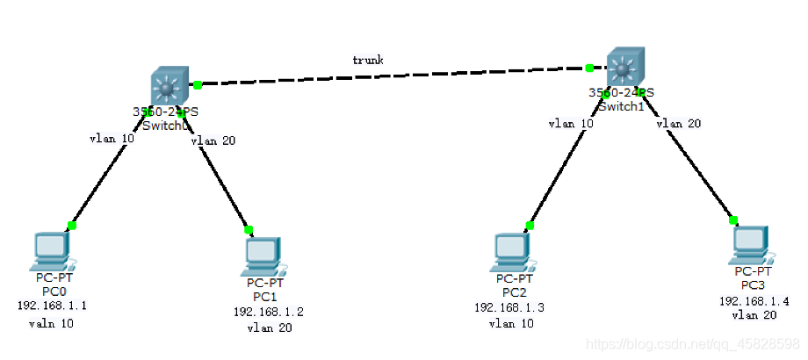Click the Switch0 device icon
point(165,89)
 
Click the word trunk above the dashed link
point(367,60)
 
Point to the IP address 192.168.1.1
point(52,306)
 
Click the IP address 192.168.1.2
point(268,312)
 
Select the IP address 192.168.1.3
point(509,307)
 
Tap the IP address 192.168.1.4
point(754,300)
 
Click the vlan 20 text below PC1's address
point(269,328)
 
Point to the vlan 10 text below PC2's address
point(511,323)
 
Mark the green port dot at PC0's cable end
point(72,226)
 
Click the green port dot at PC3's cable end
point(733,220)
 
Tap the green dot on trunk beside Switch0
point(198,84)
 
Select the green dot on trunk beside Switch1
point(588,67)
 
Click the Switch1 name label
point(621,106)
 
